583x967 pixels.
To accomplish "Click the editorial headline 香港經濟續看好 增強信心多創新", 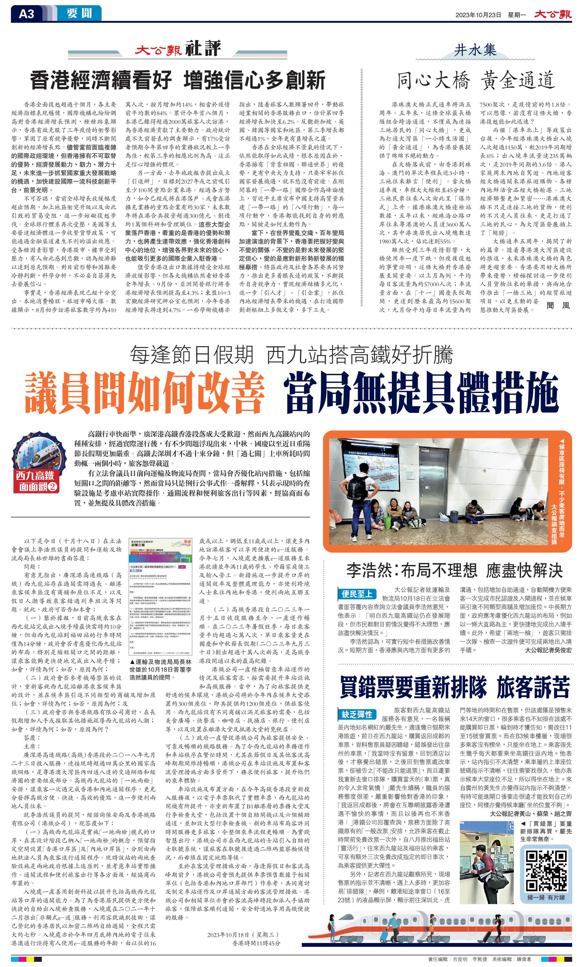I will [x=178, y=80].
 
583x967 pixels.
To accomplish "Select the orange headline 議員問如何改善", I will [x=144, y=392].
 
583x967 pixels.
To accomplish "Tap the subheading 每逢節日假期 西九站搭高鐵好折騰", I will [x=291, y=355].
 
